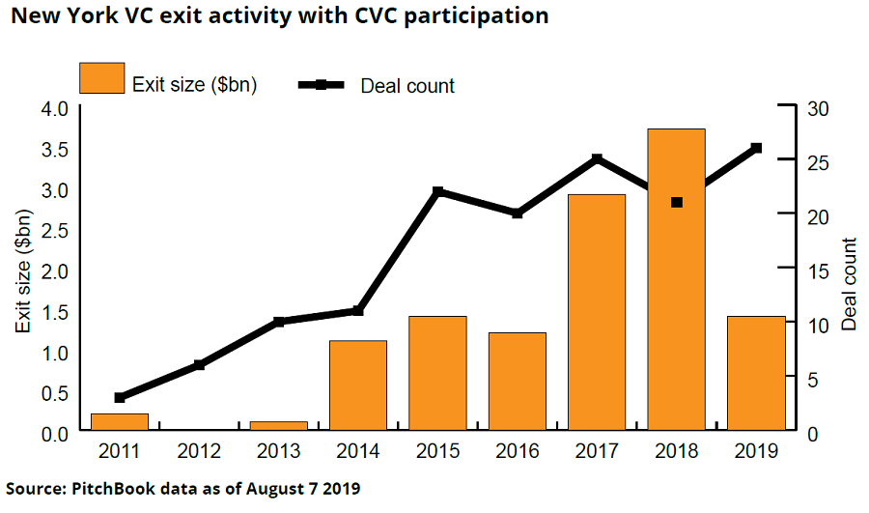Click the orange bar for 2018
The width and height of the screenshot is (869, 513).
[676, 280]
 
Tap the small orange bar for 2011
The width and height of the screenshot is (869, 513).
[120, 422]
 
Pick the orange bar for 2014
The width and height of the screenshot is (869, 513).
[358, 385]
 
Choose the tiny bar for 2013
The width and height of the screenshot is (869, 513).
[278, 426]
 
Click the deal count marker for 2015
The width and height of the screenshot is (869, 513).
[437, 192]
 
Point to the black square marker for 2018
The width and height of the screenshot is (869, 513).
[677, 203]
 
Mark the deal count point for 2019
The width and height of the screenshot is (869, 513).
[756, 148]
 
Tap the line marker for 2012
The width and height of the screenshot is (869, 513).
[199, 365]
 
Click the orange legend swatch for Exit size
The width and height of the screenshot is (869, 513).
[101, 78]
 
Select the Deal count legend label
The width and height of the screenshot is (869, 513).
[407, 86]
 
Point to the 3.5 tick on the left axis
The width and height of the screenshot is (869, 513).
[53, 149]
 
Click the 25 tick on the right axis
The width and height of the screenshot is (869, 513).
[818, 162]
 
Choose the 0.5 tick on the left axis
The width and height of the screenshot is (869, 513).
[53, 393]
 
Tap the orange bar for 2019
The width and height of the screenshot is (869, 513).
[756, 374]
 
